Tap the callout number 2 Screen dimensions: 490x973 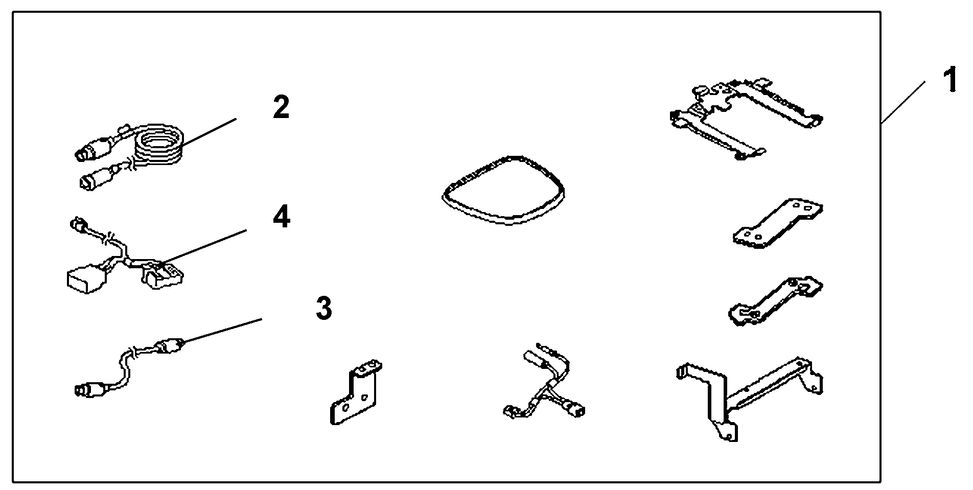[281, 108]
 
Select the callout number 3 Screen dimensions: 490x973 [324, 308]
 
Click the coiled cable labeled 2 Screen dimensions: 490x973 [158, 146]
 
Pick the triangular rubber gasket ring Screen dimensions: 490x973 [503, 190]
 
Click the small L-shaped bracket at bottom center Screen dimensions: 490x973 [356, 393]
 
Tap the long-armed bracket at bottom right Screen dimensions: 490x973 [746, 396]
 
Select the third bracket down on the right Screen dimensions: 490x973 [774, 301]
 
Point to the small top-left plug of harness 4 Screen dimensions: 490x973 [78, 224]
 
